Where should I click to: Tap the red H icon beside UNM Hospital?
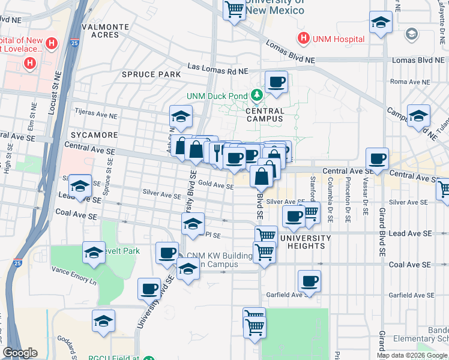(x=304, y=39)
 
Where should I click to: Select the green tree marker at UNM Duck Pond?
(x=258, y=95)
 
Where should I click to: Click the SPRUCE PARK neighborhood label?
(x=151, y=74)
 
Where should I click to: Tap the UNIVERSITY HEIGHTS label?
(x=305, y=242)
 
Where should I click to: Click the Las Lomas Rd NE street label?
(x=217, y=70)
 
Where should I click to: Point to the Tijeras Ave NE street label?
(x=95, y=112)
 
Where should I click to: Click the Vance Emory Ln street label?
(x=73, y=271)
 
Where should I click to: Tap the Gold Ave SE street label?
(x=215, y=186)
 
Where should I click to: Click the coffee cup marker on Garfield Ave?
(x=310, y=280)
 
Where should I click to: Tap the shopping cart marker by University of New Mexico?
(x=234, y=9)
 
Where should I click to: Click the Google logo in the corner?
(x=20, y=353)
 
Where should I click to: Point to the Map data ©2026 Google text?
(x=412, y=355)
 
